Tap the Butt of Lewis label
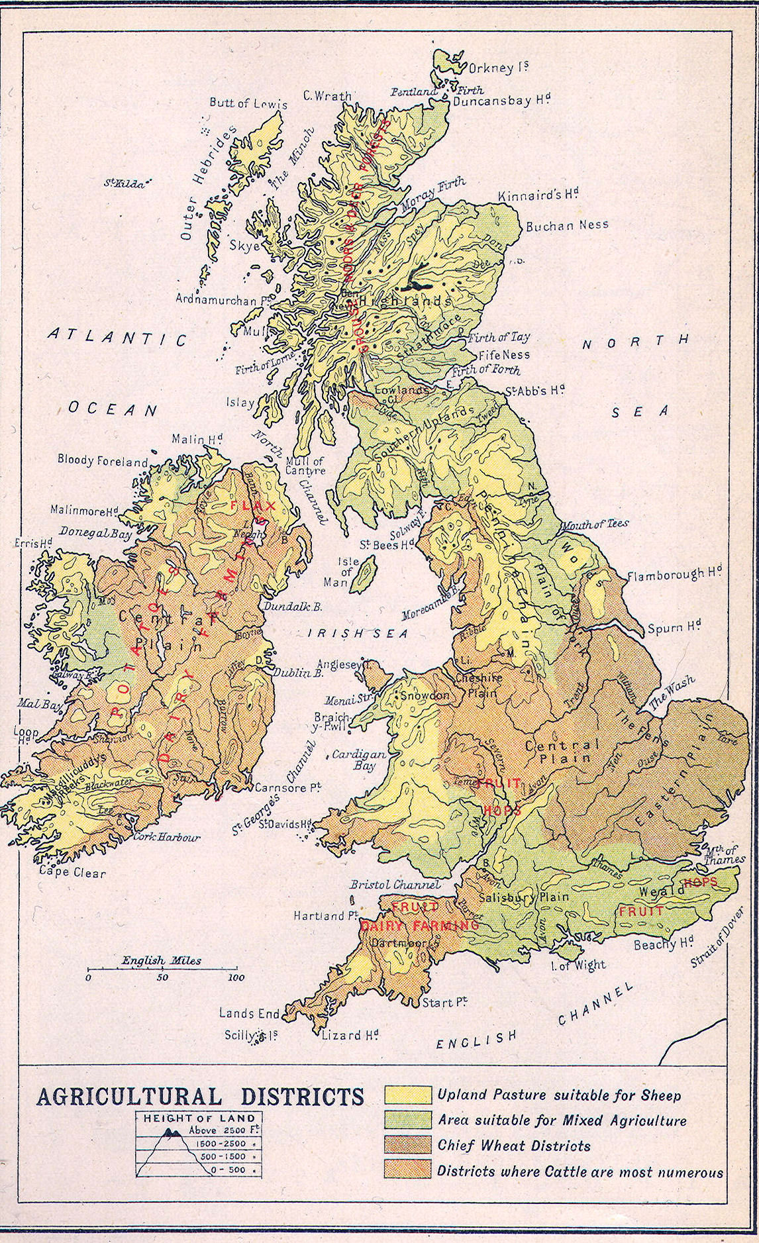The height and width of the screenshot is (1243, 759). [x=248, y=103]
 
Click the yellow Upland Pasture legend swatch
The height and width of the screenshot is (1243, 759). [x=407, y=1095]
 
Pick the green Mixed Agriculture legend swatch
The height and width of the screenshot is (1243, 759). [x=407, y=1120]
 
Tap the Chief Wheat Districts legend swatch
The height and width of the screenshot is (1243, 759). [x=407, y=1145]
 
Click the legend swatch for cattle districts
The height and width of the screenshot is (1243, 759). [x=407, y=1171]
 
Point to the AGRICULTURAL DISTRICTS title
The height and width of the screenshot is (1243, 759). [x=200, y=1097]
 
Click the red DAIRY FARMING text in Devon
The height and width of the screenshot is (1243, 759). [x=419, y=925]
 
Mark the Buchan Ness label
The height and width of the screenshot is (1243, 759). [x=567, y=225]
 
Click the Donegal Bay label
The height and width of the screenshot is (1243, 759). [x=96, y=532]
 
